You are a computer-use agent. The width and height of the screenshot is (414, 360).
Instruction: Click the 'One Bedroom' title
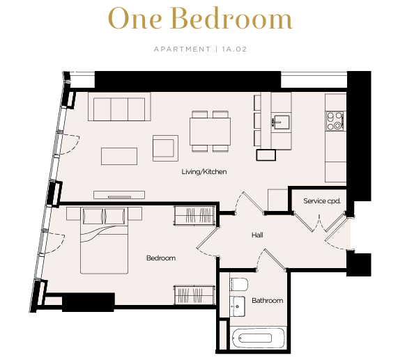[201, 18]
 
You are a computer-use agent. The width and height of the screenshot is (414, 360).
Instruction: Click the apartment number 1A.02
[234, 49]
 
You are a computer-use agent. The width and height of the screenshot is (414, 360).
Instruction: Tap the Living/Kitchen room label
[204, 172]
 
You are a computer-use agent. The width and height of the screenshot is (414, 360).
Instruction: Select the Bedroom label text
[161, 258]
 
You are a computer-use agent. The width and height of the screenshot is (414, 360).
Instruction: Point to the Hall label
[257, 235]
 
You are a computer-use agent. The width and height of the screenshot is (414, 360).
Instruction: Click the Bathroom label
[267, 300]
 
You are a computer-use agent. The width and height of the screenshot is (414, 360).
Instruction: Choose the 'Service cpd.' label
[322, 201]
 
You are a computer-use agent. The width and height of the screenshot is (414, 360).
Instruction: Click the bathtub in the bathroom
[258, 338]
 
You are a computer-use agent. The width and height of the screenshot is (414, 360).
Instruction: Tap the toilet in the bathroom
[238, 284]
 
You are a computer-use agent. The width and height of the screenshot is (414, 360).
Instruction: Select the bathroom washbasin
[238, 306]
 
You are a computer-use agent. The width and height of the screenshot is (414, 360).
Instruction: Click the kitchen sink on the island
[281, 122]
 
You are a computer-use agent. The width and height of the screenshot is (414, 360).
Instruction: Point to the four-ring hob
[335, 120]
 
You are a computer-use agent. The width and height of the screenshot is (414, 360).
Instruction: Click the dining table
[210, 132]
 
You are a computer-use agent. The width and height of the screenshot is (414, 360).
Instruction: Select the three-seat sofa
[119, 107]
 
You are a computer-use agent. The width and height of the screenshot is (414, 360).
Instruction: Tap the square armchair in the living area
[165, 148]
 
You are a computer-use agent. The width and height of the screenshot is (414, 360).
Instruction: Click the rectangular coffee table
[119, 156]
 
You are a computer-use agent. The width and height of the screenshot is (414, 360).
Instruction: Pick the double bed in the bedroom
[104, 240]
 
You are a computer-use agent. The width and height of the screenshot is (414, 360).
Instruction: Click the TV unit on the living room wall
[119, 195]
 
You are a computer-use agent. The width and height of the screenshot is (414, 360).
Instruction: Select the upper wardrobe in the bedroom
[194, 215]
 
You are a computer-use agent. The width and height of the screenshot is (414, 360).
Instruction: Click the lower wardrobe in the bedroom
[194, 295]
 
